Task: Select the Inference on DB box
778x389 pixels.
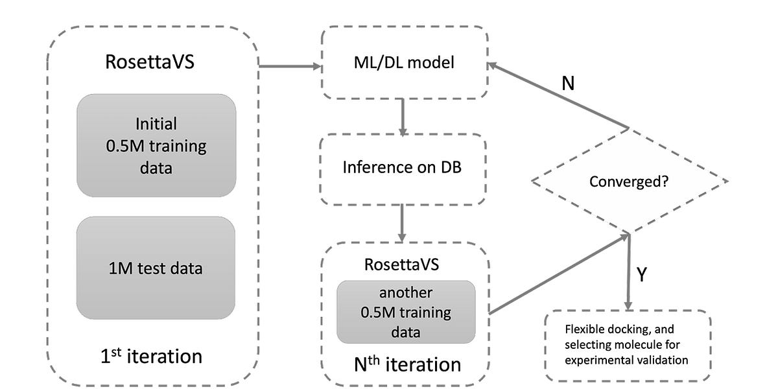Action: [403, 170]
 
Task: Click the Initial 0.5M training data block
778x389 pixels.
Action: [156, 146]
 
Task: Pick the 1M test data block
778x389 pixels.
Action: [156, 268]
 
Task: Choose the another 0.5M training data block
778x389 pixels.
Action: [406, 312]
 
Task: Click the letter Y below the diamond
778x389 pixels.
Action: [641, 274]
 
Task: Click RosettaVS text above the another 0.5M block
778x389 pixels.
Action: [406, 265]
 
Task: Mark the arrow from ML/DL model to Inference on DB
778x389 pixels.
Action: [403, 117]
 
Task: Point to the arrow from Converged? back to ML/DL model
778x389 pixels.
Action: [558, 96]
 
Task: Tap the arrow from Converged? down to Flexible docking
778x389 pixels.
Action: [628, 272]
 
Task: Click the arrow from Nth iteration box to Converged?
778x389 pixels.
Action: [558, 274]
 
